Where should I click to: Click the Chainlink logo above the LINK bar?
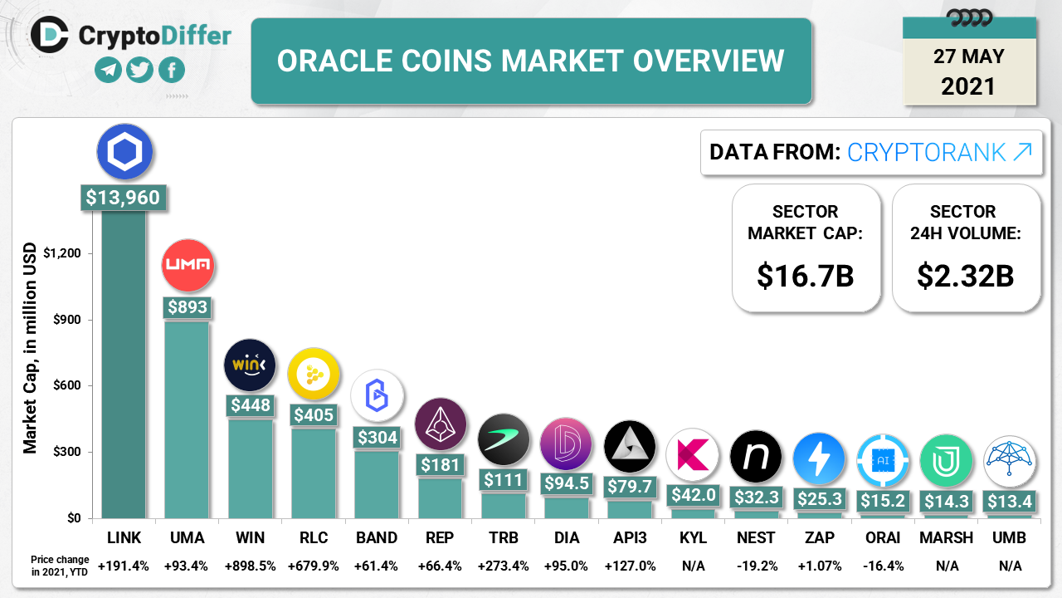pos(124,152)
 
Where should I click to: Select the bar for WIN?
pos(250,469)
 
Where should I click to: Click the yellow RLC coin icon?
pos(314,375)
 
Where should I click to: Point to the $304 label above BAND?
pos(377,437)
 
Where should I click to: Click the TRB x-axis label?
pos(503,537)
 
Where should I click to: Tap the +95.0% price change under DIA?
pos(566,566)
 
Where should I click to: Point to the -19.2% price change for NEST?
pos(756,566)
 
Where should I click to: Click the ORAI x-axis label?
pos(882,537)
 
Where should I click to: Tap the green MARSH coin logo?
pos(946,460)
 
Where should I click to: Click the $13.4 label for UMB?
pos(1009,500)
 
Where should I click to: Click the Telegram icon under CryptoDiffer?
pos(109,70)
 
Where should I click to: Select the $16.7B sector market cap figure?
pos(805,276)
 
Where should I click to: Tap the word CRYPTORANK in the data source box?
pos(928,152)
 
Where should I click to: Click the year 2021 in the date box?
pos(968,86)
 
